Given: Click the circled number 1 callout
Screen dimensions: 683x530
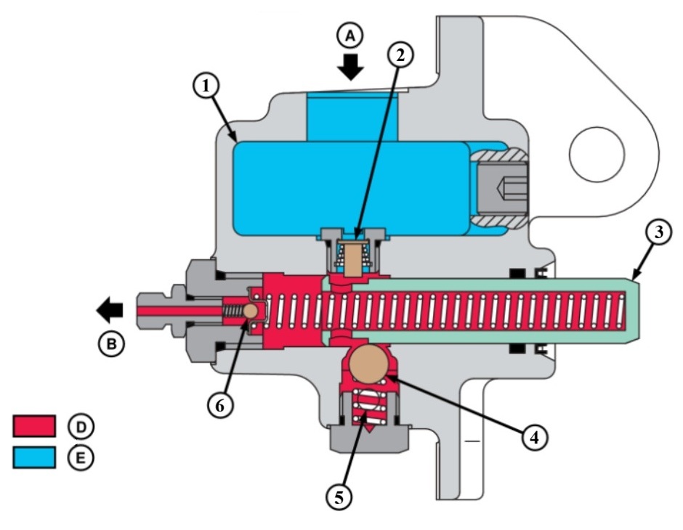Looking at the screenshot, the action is pyautogui.click(x=206, y=86).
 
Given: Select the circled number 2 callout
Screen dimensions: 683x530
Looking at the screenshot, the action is pyautogui.click(x=400, y=55).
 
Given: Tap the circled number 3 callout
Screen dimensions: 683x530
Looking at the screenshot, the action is pyautogui.click(x=658, y=232).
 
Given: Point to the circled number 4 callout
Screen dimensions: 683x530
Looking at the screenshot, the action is pyautogui.click(x=535, y=436).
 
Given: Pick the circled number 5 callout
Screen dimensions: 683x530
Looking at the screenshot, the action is pyautogui.click(x=339, y=496).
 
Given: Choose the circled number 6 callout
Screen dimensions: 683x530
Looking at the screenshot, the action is pyautogui.click(x=220, y=405).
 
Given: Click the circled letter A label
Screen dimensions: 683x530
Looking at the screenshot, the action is pyautogui.click(x=351, y=36).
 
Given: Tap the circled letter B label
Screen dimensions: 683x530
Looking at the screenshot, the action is pyautogui.click(x=111, y=344).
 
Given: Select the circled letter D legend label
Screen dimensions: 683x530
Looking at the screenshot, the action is pyautogui.click(x=81, y=426).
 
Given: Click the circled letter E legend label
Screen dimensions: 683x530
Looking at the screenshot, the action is pyautogui.click(x=81, y=458).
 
